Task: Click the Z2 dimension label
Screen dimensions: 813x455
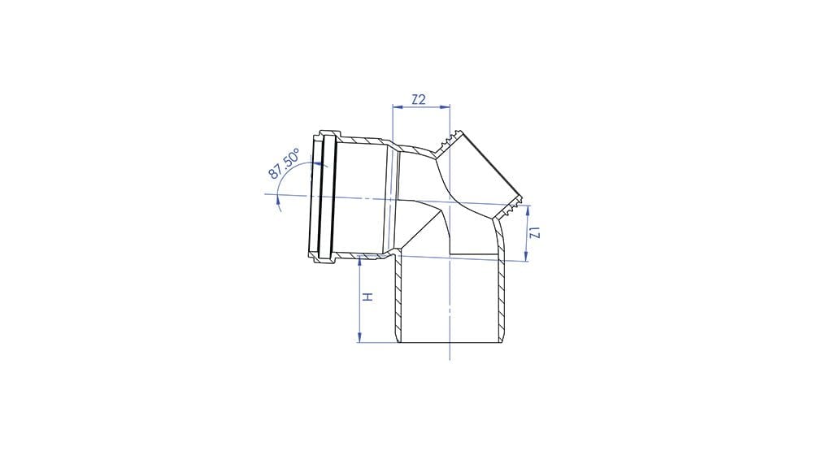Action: [419, 99]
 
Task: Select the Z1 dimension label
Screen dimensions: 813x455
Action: [536, 233]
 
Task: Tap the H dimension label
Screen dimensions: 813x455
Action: [367, 297]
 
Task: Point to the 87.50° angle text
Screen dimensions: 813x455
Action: [284, 164]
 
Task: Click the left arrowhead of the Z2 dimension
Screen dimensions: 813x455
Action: [398, 107]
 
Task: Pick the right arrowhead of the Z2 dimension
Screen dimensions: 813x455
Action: [445, 107]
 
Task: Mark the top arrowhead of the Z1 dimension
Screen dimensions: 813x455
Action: [527, 210]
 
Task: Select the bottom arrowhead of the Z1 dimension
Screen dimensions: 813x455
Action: [526, 256]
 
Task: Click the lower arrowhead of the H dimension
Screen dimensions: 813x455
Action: [359, 337]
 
